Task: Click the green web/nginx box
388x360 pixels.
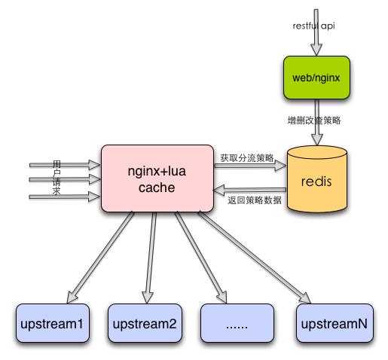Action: pyautogui.click(x=316, y=78)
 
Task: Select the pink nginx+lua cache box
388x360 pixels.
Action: pyautogui.click(x=157, y=178)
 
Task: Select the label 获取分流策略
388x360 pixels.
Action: pyautogui.click(x=246, y=158)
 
